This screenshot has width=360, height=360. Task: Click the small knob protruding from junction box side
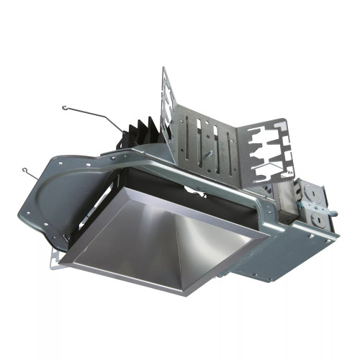click(x=336, y=211)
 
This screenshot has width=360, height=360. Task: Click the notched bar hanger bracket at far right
click(x=270, y=152)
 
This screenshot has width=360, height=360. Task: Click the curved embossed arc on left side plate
click(x=54, y=187)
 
